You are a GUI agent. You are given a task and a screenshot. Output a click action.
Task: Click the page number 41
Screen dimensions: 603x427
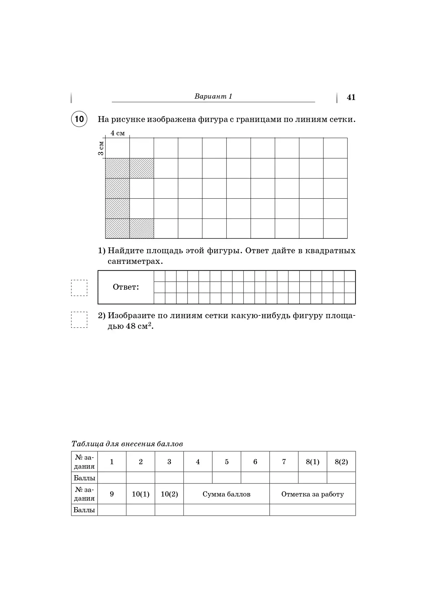351,97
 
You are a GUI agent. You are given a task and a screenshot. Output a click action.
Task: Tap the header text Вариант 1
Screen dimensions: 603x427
213,96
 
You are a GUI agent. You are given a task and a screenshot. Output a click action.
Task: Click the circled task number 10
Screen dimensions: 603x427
79,119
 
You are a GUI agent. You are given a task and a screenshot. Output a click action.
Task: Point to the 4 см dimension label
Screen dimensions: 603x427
118,133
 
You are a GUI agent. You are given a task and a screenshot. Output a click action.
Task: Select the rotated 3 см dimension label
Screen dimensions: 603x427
101,148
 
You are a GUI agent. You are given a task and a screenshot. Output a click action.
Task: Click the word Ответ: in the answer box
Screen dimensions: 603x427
126,287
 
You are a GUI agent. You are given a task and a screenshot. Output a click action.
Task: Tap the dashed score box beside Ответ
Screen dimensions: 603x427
79,288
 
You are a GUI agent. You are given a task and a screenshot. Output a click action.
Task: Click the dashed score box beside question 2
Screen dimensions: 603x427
79,320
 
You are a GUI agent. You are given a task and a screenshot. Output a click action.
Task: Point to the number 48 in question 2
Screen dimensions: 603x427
130,326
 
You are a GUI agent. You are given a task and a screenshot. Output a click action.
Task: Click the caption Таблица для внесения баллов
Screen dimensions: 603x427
127,444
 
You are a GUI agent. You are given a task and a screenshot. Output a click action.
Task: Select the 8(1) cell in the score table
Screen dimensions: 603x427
312,462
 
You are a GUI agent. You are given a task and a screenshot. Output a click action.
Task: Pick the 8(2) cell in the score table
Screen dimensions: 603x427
341,462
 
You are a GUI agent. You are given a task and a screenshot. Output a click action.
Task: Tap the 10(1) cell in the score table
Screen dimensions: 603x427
140,494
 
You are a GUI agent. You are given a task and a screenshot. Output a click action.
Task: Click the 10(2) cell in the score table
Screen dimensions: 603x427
169,494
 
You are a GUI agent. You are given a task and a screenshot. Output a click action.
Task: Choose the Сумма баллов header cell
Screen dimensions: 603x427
226,494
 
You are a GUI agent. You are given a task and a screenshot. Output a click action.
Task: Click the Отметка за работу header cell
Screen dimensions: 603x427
312,494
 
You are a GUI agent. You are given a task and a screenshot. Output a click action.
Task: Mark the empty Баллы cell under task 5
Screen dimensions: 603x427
226,478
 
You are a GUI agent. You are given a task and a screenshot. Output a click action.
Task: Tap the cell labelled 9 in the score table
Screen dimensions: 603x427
112,494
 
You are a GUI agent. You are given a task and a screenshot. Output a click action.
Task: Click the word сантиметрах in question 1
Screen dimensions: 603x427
135,261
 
